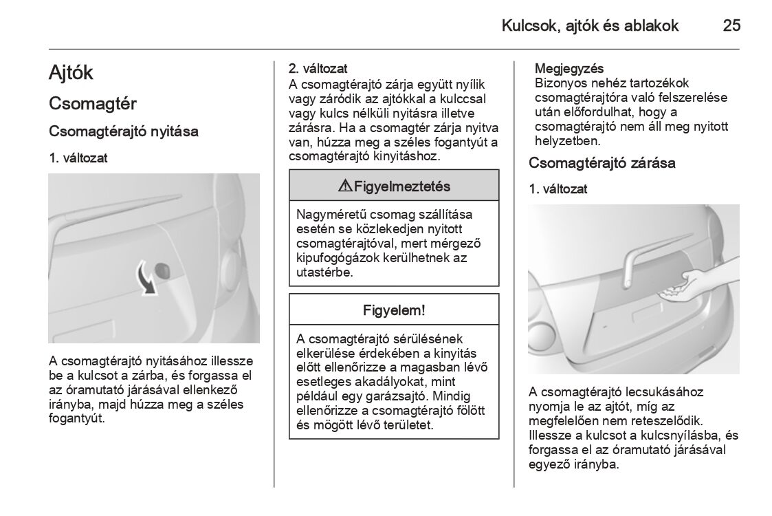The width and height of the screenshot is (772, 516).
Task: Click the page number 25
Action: pyautogui.click(x=731, y=26)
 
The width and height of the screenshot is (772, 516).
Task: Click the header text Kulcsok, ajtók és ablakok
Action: pyautogui.click(x=590, y=26)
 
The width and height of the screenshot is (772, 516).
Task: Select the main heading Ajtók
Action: pyautogui.click(x=71, y=73)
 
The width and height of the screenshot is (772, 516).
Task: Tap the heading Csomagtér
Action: pyautogui.click(x=93, y=104)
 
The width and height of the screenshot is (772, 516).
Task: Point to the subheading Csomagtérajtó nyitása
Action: pyautogui.click(x=124, y=131)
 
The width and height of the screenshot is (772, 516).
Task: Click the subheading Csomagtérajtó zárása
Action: pyautogui.click(x=602, y=163)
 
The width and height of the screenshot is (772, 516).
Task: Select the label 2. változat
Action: pyautogui.click(x=318, y=69)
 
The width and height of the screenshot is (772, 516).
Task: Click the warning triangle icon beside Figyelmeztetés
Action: pyautogui.click(x=345, y=186)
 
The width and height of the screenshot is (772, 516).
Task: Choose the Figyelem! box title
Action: pyautogui.click(x=394, y=310)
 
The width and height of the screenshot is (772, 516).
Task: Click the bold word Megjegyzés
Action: pyautogui.click(x=569, y=69)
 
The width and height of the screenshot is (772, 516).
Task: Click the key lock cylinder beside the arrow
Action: pyautogui.click(x=165, y=270)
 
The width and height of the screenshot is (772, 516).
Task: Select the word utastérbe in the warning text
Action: pyautogui.click(x=324, y=272)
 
